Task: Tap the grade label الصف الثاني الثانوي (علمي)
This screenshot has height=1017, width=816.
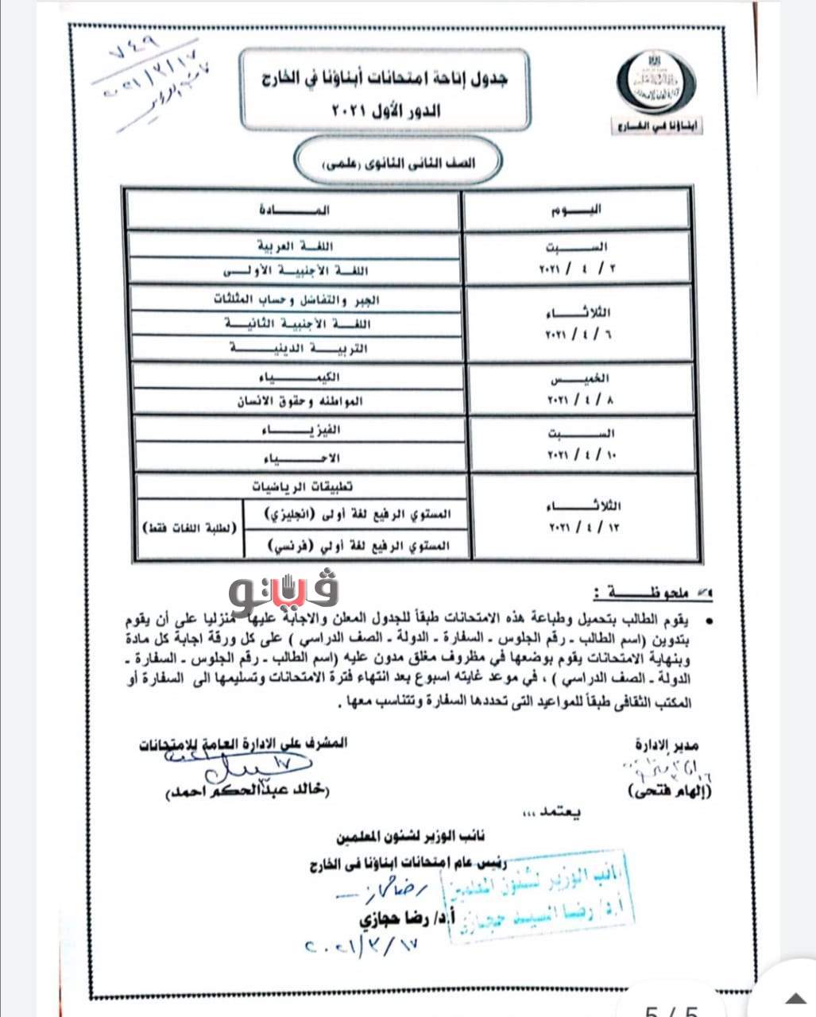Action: click(396, 164)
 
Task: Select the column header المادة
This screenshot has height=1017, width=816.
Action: click(293, 211)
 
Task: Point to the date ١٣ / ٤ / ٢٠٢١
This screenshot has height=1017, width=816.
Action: click(582, 527)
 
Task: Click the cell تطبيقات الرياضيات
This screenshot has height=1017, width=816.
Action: click(303, 485)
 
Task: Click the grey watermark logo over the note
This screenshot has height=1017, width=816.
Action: click(284, 589)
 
